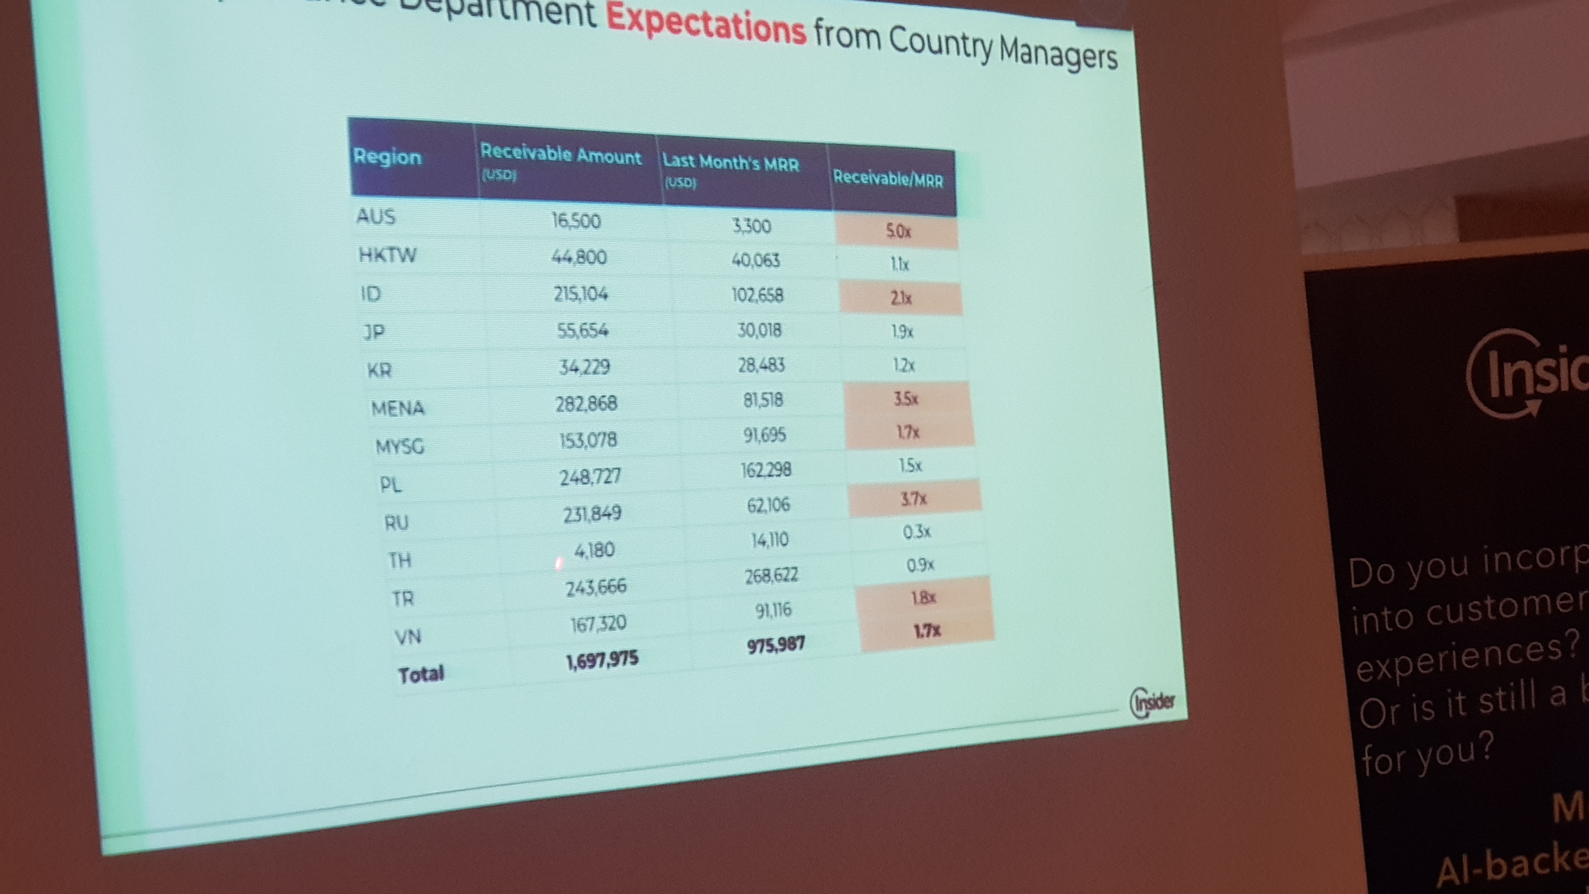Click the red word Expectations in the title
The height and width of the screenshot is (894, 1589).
[x=706, y=23]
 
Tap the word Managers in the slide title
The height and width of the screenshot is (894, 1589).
[x=1058, y=54]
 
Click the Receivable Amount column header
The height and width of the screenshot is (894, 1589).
[x=560, y=154]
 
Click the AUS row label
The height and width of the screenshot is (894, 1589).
[x=376, y=216]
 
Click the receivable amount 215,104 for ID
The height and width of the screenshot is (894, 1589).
[x=580, y=294]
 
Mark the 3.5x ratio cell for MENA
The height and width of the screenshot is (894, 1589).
[x=906, y=399]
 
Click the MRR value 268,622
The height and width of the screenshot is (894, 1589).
[x=771, y=576]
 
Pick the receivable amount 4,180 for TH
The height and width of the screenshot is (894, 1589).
[x=594, y=549]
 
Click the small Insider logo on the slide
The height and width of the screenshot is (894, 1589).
[x=1152, y=702]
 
